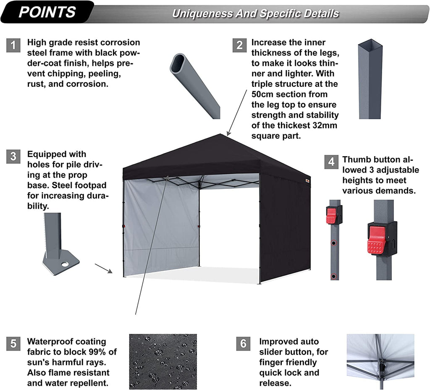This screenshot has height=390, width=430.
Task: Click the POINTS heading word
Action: click(x=47, y=12)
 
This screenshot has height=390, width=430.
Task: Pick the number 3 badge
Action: click(x=13, y=157)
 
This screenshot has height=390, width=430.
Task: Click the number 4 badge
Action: click(x=331, y=162)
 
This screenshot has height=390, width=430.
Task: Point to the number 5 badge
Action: click(x=13, y=344)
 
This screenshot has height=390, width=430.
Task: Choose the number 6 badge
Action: click(x=243, y=344)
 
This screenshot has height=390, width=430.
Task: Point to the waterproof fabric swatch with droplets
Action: click(x=163, y=361)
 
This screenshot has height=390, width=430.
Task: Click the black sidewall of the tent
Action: click(x=284, y=227)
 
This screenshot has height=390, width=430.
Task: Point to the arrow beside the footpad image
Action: click(x=103, y=269)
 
